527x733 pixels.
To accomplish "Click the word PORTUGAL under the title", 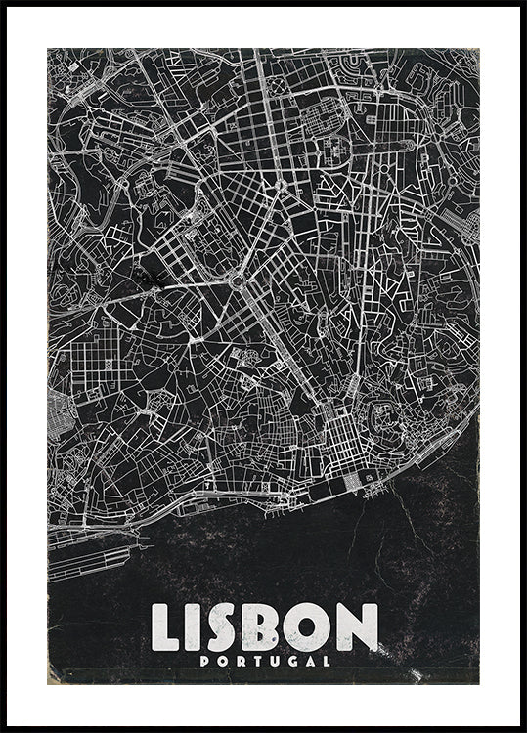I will tap(264, 660).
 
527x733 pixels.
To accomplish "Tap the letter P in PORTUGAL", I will tap(204, 660).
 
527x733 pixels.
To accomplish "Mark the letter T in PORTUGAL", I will tap(254, 660).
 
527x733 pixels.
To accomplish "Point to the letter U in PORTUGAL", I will tap(271, 660).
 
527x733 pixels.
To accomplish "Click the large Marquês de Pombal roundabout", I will tap(237, 281).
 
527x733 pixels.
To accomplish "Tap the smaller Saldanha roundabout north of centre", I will tap(279, 184).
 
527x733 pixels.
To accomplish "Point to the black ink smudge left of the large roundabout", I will tap(151, 280).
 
